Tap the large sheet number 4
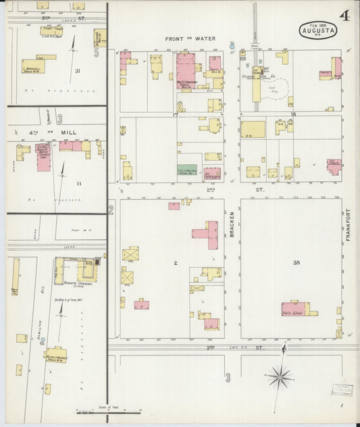[345, 15]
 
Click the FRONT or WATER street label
[190, 39]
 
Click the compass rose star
[278, 376]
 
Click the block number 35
[297, 262]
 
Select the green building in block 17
[187, 172]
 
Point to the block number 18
[292, 116]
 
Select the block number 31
[78, 71]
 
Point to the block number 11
[79, 183]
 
